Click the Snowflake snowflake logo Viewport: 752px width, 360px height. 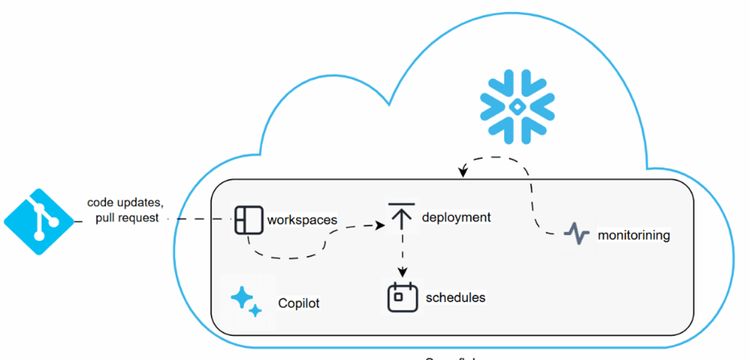(517, 107)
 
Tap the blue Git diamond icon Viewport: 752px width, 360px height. (40, 221)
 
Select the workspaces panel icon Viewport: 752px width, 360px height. (248, 220)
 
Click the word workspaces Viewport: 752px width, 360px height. (302, 220)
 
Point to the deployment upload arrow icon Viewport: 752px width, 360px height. (401, 216)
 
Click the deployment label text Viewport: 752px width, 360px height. (456, 217)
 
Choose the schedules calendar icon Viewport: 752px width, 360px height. (402, 297)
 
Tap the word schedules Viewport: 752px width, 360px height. (455, 297)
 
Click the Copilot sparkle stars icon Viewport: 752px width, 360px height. (246, 302)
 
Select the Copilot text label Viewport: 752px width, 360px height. (299, 303)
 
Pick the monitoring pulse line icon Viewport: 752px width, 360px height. (577, 234)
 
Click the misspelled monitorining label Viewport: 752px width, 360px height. (634, 235)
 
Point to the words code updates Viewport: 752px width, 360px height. (125, 203)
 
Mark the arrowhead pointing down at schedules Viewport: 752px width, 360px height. (402, 272)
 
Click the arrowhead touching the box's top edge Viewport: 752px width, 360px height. (463, 172)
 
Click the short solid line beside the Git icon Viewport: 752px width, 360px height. (79, 221)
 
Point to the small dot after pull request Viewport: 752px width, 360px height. (169, 218)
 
